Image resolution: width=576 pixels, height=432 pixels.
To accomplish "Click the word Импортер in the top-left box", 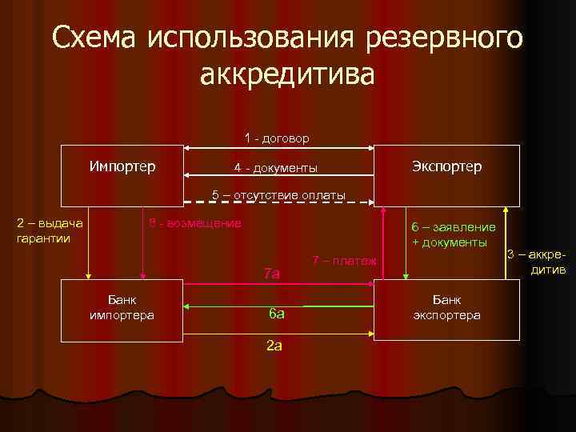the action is click(122, 166).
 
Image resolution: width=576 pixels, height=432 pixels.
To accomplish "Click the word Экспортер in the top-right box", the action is click(447, 166).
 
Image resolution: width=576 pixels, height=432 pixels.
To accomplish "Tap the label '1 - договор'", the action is click(277, 138).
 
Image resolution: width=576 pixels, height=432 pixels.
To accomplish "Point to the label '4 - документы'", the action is click(275, 168).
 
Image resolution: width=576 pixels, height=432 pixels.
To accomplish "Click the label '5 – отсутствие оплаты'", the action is click(278, 194).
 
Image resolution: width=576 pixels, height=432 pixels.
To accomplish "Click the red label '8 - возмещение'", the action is click(195, 222).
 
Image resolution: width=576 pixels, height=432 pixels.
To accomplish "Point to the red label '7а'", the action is click(272, 274).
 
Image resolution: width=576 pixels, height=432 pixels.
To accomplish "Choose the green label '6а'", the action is click(275, 314).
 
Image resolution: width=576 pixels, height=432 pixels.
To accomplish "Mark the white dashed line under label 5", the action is click(278, 203).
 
